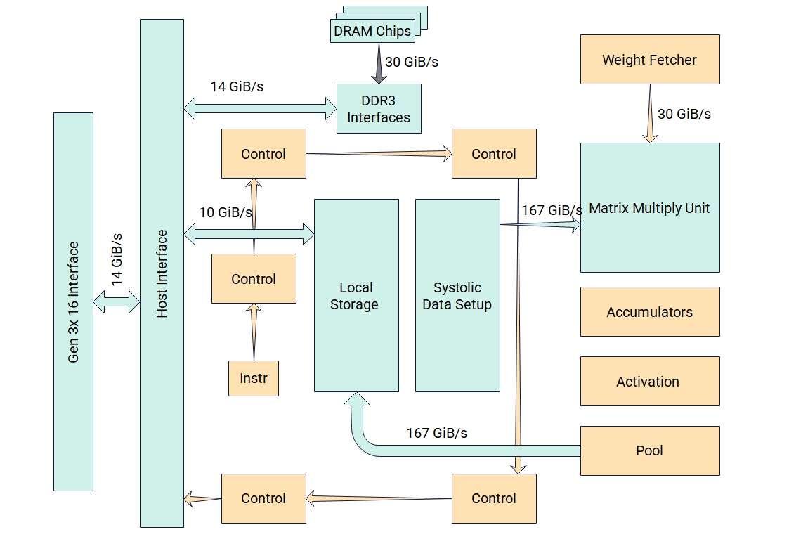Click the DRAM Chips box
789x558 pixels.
tap(372, 31)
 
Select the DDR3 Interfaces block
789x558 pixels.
tap(379, 109)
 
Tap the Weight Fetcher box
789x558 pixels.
tap(649, 60)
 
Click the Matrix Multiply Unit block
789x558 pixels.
tap(649, 208)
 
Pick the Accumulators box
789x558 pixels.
tap(649, 312)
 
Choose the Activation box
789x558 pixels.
tap(649, 382)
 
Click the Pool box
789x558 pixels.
tap(649, 450)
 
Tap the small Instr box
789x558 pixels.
tap(254, 378)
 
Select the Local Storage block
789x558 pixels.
tap(356, 296)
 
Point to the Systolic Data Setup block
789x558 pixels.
tap(457, 296)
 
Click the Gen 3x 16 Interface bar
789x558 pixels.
tap(73, 301)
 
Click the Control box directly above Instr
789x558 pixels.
tap(254, 279)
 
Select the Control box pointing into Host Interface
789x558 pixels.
tap(263, 498)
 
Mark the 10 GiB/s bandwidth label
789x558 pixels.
tap(226, 212)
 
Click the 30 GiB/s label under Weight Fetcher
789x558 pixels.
tap(684, 114)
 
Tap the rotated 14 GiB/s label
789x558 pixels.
tap(117, 259)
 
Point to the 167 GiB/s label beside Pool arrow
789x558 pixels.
tap(436, 433)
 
